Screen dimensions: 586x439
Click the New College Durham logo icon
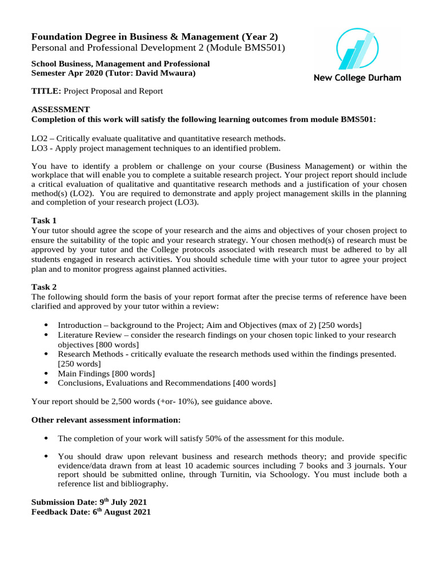pyautogui.click(x=357, y=50)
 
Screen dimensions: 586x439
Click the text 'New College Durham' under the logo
pyautogui.click(x=357, y=78)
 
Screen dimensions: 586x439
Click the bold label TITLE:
pyautogui.click(x=46, y=91)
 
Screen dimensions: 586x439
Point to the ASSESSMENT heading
pyautogui.click(x=60, y=109)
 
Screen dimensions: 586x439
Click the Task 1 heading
pyautogui.click(x=44, y=220)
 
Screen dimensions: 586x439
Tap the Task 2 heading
pyautogui.click(x=44, y=287)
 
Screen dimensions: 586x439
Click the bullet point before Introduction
pyautogui.click(x=46, y=325)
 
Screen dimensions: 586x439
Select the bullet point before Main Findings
pyautogui.click(x=46, y=374)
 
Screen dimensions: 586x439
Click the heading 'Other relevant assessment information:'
pyautogui.click(x=106, y=420)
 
